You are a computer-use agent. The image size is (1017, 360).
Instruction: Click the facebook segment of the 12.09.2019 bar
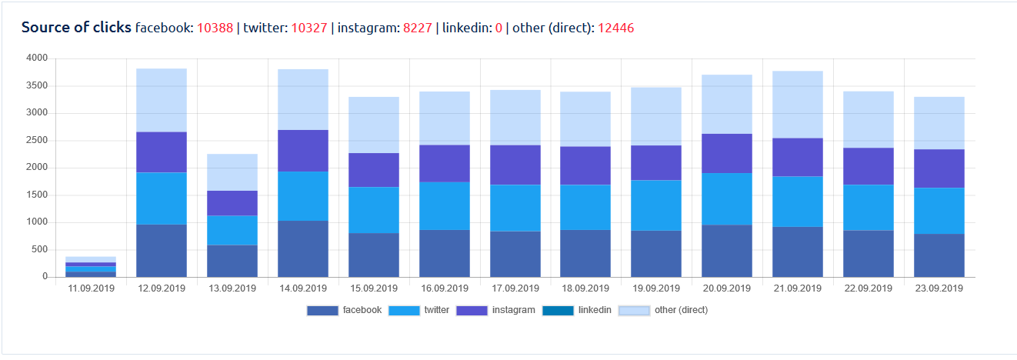pyautogui.click(x=162, y=250)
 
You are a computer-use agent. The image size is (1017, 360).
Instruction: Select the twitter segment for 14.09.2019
pyautogui.click(x=303, y=196)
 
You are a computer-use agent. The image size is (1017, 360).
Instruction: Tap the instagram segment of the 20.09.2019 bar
pyautogui.click(x=727, y=153)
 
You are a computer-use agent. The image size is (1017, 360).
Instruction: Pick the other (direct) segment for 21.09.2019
pyautogui.click(x=798, y=105)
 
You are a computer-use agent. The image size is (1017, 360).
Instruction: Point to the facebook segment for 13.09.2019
pyautogui.click(x=232, y=261)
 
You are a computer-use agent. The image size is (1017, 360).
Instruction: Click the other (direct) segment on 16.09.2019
pyautogui.click(x=445, y=118)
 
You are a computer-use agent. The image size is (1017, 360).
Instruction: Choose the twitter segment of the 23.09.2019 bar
pyautogui.click(x=939, y=211)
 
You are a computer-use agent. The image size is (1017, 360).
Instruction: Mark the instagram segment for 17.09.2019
pyautogui.click(x=515, y=165)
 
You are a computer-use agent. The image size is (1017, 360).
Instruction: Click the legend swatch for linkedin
pyautogui.click(x=558, y=311)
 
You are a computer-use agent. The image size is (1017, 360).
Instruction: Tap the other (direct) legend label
pyautogui.click(x=681, y=310)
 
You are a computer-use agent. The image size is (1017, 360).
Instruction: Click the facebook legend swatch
pyautogui.click(x=322, y=311)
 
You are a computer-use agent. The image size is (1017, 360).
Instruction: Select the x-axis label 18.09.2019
pyautogui.click(x=586, y=289)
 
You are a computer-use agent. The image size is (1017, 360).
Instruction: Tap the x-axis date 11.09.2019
pyautogui.click(x=91, y=289)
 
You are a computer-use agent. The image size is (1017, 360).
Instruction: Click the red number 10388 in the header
pyautogui.click(x=215, y=28)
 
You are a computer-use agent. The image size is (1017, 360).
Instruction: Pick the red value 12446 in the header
pyautogui.click(x=615, y=28)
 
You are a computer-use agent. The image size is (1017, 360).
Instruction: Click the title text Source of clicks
pyautogui.click(x=76, y=28)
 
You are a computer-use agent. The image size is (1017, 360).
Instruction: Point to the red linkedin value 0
pyautogui.click(x=498, y=28)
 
